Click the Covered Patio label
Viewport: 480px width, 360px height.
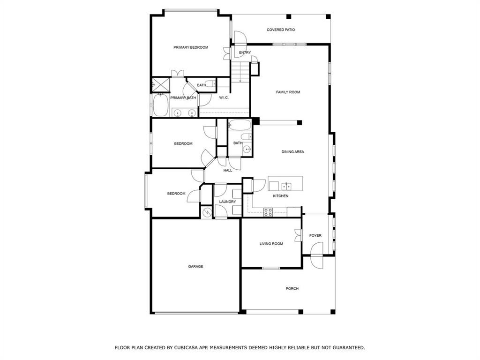[281, 30]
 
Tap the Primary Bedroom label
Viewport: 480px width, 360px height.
[191, 47]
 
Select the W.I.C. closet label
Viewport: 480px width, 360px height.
[224, 97]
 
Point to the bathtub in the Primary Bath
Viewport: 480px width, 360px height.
[160, 105]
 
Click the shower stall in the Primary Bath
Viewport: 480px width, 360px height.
[159, 84]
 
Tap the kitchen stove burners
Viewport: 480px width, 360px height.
[268, 212]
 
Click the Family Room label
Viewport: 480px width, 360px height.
[288, 92]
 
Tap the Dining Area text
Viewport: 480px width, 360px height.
[292, 152]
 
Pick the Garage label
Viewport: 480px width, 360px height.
[195, 267]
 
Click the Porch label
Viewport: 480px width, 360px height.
[292, 289]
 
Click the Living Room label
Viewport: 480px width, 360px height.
[271, 244]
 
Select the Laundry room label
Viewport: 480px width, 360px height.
[227, 202]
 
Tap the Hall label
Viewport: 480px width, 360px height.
[228, 171]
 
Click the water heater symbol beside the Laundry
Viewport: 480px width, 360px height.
[207, 212]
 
